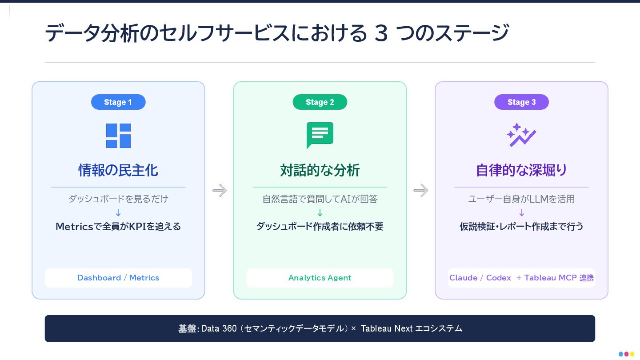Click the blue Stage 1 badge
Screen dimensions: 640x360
(118, 102)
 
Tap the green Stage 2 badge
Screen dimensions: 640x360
(320, 102)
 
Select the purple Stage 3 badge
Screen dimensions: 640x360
(521, 102)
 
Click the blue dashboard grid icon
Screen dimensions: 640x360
(118, 136)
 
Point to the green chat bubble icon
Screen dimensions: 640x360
(320, 135)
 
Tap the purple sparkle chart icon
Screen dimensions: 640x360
(521, 135)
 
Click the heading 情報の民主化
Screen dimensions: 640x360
(118, 170)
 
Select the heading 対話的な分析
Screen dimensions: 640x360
(320, 170)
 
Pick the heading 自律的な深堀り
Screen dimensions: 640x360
(521, 170)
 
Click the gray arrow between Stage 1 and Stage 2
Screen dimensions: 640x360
(219, 191)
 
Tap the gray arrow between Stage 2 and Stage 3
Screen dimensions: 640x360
(420, 191)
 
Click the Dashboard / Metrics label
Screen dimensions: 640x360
(118, 278)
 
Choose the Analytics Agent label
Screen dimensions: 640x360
(320, 278)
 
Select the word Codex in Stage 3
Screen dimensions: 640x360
(498, 278)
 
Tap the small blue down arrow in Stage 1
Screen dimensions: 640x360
(118, 212)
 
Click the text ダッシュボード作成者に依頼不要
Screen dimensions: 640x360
(320, 226)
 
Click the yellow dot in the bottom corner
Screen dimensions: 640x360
(632, 354)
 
